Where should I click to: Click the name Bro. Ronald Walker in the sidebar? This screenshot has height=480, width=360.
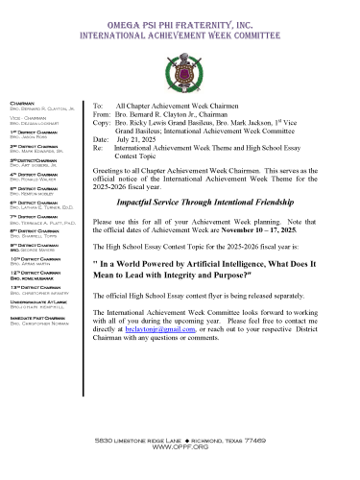point(36,178)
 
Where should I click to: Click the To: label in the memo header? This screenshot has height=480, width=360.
point(97,101)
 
